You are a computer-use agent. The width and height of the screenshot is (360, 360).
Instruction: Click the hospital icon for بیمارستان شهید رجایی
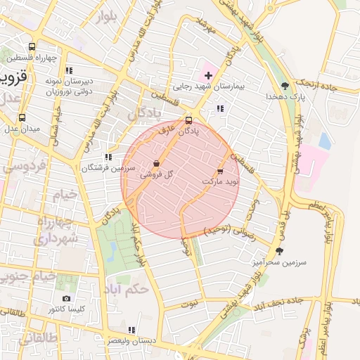[x=208, y=75]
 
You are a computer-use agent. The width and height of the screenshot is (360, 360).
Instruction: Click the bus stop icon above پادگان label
[x=188, y=120]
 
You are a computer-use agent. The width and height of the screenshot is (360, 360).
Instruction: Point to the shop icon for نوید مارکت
[x=219, y=171]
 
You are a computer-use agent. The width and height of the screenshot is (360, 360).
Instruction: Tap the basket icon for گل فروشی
[x=156, y=163]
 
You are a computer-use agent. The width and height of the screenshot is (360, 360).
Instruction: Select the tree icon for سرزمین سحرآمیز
[x=279, y=251]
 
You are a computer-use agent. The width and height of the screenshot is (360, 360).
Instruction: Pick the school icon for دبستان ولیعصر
[x=131, y=329]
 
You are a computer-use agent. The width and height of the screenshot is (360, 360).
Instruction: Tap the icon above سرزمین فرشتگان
[x=108, y=157]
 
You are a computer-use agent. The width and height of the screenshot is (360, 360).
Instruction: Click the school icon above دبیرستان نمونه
[x=68, y=70]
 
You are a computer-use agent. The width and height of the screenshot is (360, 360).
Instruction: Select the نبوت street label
[x=191, y=304]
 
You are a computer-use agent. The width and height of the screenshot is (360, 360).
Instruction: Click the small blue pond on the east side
[x=324, y=141]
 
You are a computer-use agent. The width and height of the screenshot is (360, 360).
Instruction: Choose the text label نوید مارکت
[x=220, y=181]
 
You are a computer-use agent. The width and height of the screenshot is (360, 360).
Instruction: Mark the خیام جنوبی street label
[x=21, y=276]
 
